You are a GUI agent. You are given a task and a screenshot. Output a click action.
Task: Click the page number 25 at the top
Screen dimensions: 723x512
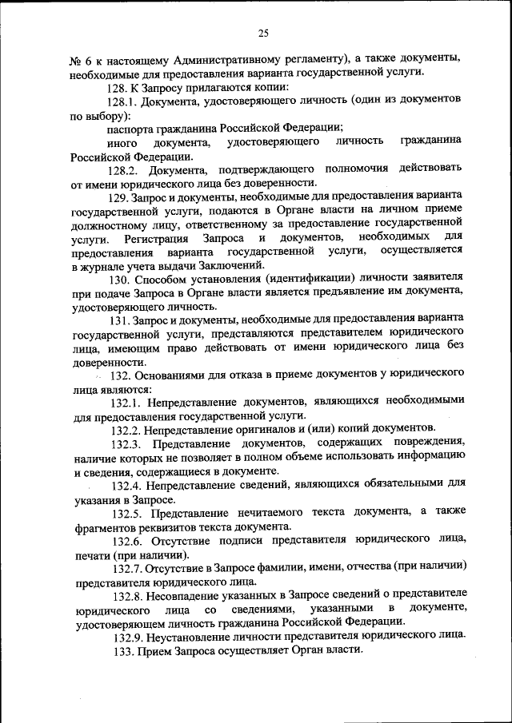coord(263,32)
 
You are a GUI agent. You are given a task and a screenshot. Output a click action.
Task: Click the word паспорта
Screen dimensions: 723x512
coord(131,128)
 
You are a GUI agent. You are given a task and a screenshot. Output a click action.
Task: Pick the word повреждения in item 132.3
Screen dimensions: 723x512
coord(428,443)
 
